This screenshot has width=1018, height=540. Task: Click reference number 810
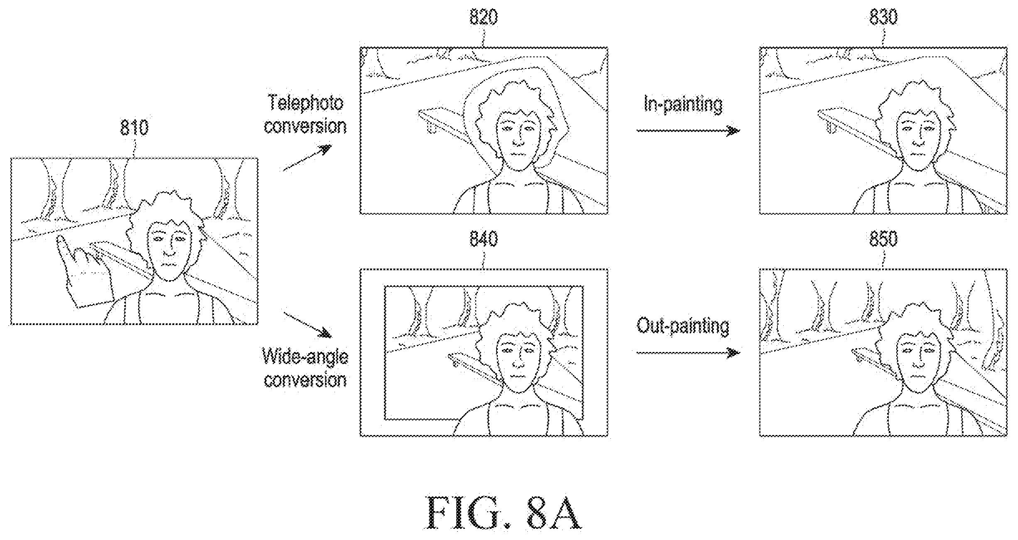point(134,127)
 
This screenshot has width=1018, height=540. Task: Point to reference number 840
point(484,239)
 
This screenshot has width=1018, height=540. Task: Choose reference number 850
point(883,239)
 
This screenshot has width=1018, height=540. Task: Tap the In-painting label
point(683,104)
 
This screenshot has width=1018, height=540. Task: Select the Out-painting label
point(683,326)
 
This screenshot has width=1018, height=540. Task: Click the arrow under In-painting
point(688,131)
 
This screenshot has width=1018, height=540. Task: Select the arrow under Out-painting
point(688,353)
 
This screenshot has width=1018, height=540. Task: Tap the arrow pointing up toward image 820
point(307,158)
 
